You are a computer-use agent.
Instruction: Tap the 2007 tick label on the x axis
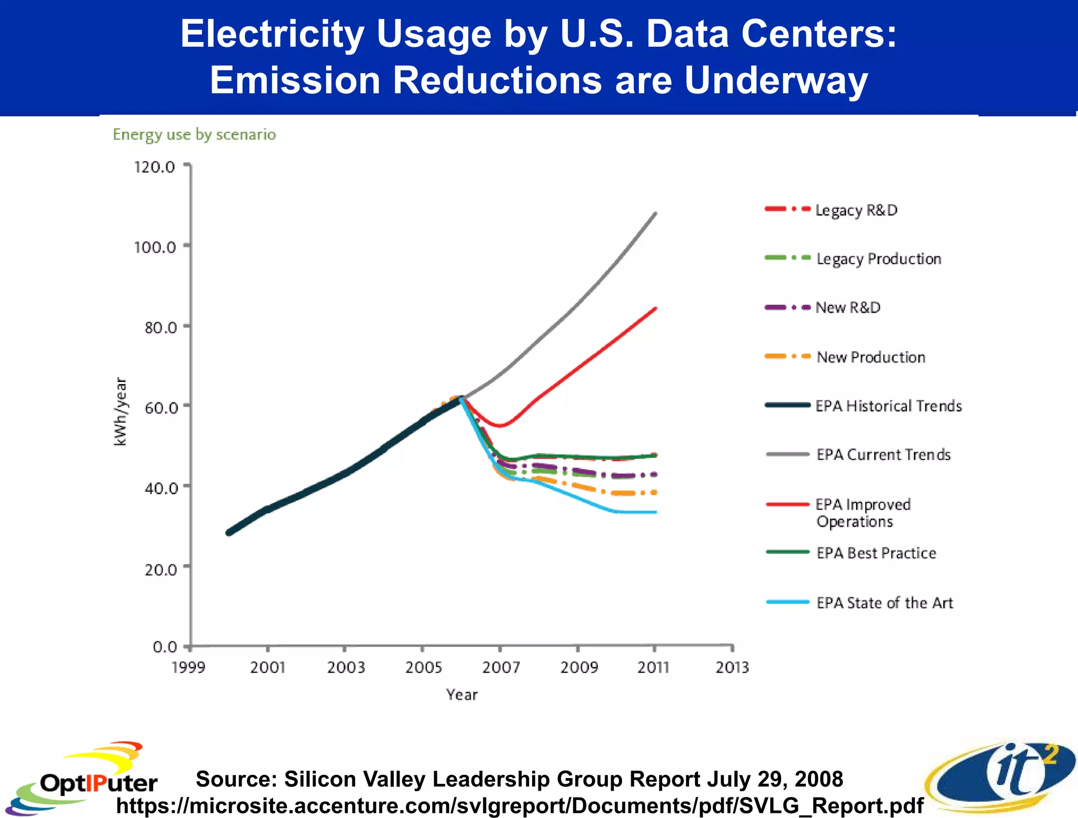pyautogui.click(x=501, y=668)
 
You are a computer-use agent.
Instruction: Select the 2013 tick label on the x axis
pyautogui.click(x=732, y=668)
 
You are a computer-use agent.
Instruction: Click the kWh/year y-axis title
pyautogui.click(x=121, y=412)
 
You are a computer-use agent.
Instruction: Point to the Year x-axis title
pyautogui.click(x=462, y=695)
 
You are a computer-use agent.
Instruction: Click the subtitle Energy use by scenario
pyautogui.click(x=194, y=135)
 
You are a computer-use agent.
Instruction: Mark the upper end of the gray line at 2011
pyautogui.click(x=655, y=213)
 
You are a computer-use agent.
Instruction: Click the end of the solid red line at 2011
pyautogui.click(x=655, y=308)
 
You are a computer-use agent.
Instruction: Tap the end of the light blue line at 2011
pyautogui.click(x=655, y=512)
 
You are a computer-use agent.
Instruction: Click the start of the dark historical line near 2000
pyautogui.click(x=229, y=533)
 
